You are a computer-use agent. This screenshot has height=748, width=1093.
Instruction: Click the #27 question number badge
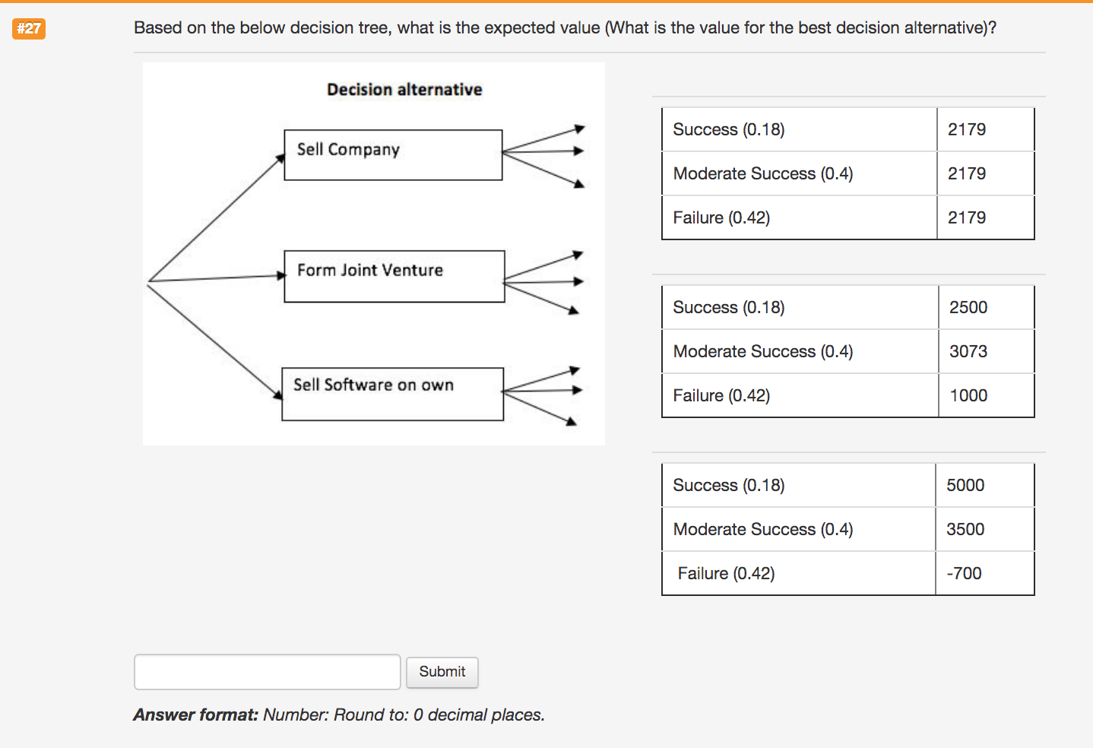point(29,29)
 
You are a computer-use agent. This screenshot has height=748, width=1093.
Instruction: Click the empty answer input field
point(267,672)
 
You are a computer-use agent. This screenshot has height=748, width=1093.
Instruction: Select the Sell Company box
point(393,155)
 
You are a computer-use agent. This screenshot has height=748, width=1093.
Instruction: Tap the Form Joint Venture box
point(394,276)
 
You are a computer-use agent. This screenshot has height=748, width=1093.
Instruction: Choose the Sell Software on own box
point(392,394)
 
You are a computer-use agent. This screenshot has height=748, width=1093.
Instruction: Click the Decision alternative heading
point(404,90)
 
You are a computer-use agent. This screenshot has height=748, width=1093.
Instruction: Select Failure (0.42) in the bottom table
point(726,573)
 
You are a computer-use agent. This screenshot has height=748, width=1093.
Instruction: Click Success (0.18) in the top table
point(728,129)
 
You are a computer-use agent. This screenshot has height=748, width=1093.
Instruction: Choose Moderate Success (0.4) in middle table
point(763,351)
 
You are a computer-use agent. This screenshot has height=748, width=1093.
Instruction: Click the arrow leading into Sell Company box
point(217,217)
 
